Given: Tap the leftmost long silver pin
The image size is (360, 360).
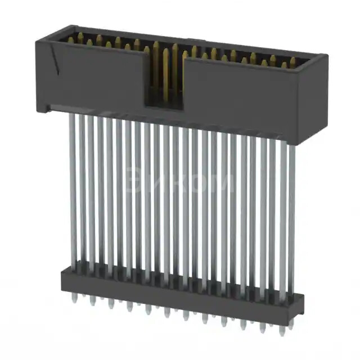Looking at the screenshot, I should point(73,186).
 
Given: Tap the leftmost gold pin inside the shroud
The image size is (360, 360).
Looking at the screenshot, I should point(70,39).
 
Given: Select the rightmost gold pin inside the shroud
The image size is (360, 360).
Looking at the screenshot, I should point(292,63).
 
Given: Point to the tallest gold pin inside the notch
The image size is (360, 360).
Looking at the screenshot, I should point(165,73).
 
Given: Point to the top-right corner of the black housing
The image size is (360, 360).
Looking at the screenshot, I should point(326,55).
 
